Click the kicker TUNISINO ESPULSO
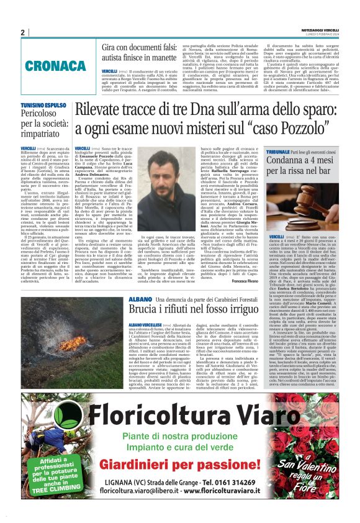[43, 106]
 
